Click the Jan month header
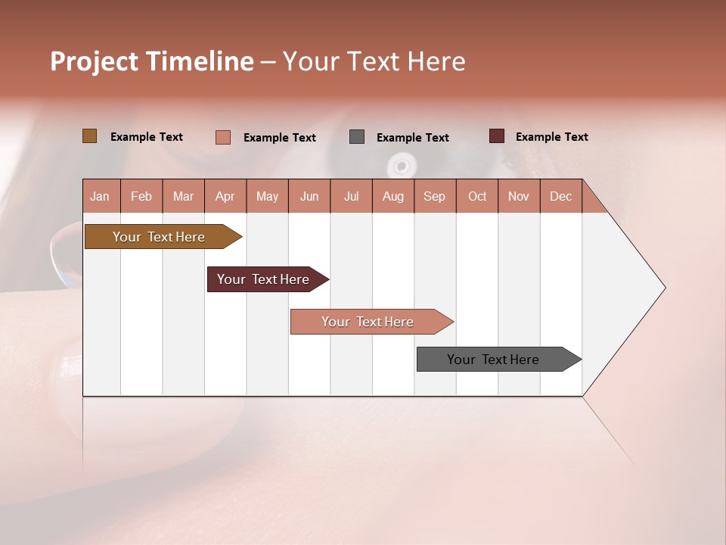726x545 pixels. point(100,197)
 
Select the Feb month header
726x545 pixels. point(141,197)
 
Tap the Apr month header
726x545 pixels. point(225,197)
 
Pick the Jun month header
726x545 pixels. point(309,197)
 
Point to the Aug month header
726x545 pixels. point(393,197)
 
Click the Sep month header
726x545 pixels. point(435,197)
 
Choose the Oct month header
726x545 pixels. point(477,197)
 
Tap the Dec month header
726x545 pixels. point(561,197)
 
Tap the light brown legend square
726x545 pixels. point(90,136)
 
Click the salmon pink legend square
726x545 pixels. point(223,137)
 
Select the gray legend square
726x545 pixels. point(357,137)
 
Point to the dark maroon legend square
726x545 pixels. point(497,136)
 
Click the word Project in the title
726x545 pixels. point(95,61)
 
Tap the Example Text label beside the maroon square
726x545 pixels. point(551,137)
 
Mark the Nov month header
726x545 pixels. point(519,197)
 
